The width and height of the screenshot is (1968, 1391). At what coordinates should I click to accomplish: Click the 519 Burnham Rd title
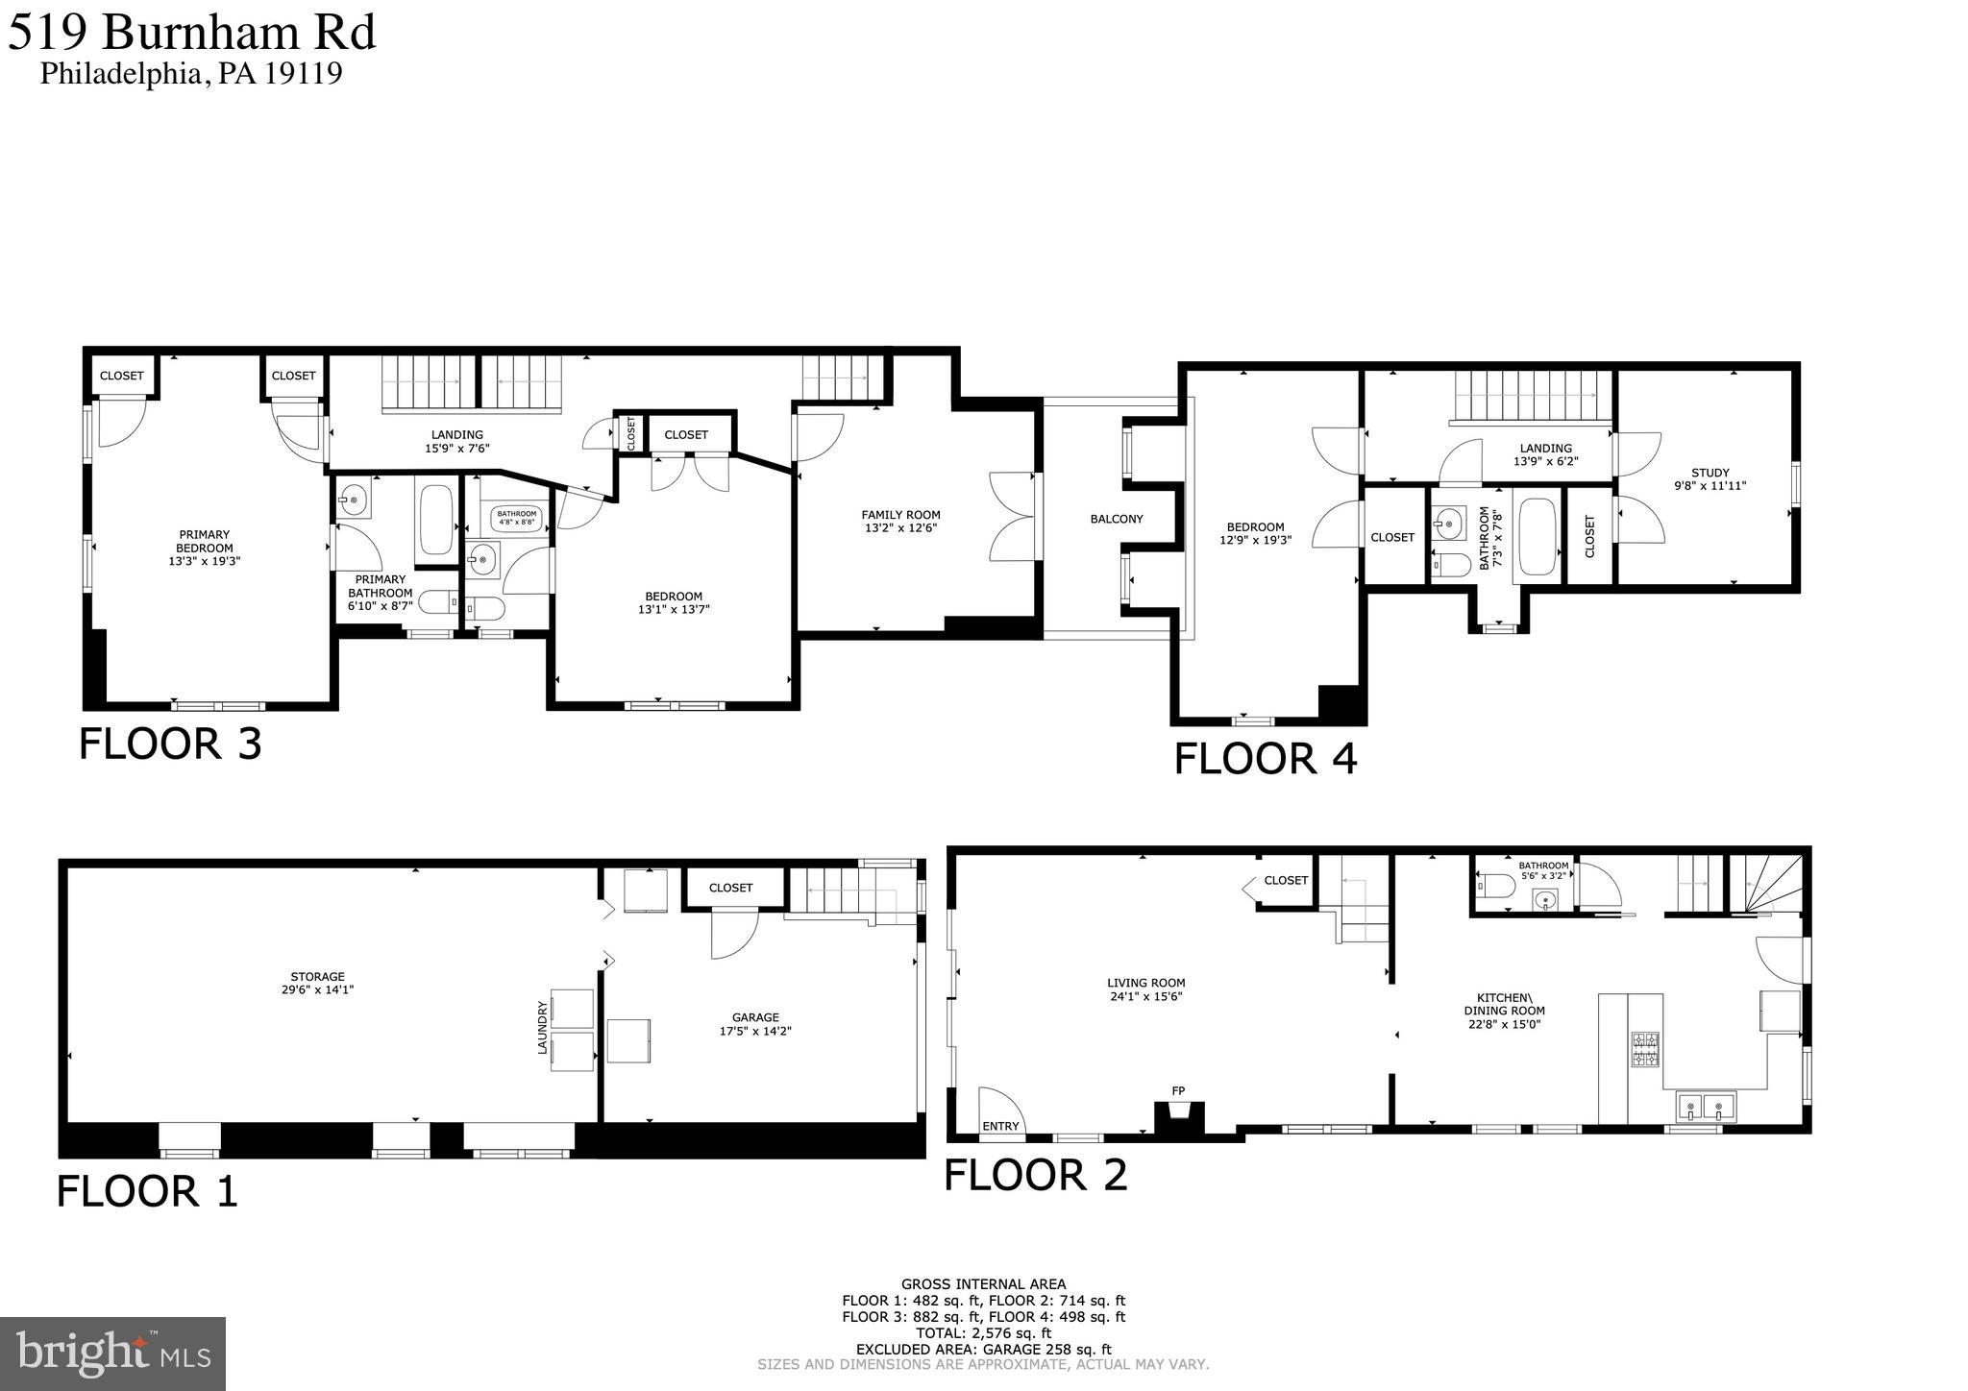(x=192, y=33)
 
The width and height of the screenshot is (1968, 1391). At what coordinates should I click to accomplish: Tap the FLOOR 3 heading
(x=170, y=744)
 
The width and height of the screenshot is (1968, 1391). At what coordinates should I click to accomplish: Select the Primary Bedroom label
(x=204, y=548)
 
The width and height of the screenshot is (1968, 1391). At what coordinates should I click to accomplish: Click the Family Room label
(x=900, y=521)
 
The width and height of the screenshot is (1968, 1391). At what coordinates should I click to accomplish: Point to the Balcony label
(x=1117, y=519)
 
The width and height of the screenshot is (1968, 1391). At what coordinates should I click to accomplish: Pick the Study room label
(x=1710, y=478)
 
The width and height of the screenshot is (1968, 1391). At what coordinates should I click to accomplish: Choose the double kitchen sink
(x=1705, y=1108)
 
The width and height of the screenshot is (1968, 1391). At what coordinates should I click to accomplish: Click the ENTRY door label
(x=1000, y=1126)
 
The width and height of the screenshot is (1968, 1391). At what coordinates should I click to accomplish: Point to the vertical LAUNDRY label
(x=542, y=1028)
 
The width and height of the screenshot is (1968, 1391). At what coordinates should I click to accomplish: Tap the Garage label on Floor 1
(x=755, y=1024)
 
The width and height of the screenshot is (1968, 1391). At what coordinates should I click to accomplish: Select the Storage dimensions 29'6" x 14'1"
(x=317, y=989)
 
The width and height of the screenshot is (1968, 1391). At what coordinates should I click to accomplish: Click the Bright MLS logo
(x=113, y=1354)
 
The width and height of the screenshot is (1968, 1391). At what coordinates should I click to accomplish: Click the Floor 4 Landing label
(x=1545, y=454)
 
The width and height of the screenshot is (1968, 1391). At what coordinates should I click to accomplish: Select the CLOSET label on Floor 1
(x=730, y=888)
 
